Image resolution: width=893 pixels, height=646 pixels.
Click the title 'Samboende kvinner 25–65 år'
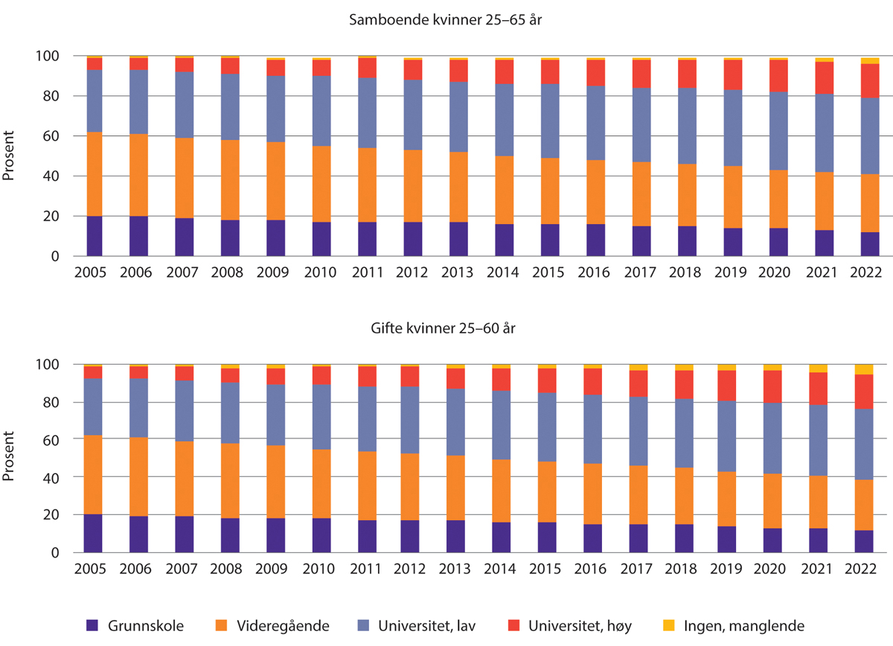tap(446, 20)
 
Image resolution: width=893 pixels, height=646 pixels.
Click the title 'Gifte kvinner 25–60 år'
tap(446, 329)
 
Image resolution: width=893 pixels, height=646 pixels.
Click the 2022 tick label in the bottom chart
tap(865, 569)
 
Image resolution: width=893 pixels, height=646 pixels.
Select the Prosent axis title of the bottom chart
tap(10, 458)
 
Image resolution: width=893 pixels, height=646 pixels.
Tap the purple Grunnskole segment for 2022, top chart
tap(865, 244)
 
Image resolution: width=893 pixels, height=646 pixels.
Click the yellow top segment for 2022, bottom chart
tap(865, 369)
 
